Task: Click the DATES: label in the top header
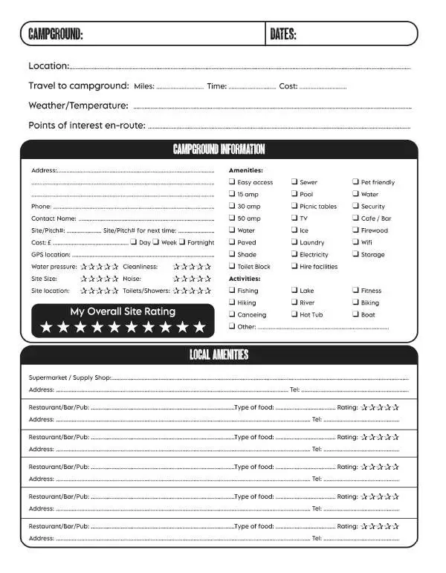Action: (283, 33)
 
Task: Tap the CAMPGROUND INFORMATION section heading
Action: (219, 150)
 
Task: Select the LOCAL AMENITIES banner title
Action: (219, 355)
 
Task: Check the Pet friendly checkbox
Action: (355, 182)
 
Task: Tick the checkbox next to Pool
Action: (294, 194)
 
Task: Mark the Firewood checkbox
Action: (355, 230)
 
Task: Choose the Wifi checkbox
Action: (355, 242)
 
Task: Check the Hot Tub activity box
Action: (294, 314)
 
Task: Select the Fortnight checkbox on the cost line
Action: (183, 242)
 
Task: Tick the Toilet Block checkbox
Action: (232, 266)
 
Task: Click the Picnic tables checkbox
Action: (294, 206)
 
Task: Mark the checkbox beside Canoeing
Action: (232, 314)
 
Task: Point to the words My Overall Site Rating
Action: (123, 311)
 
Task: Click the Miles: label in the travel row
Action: (144, 86)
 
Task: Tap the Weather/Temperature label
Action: (78, 106)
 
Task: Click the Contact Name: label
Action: (54, 218)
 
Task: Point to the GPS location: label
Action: (51, 254)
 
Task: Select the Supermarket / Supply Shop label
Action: (69, 378)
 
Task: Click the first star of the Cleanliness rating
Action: (177, 267)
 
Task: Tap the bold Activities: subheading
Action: (245, 279)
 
